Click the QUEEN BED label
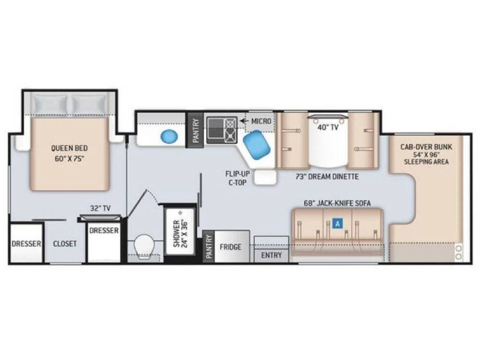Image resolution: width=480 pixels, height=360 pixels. [x=69, y=148]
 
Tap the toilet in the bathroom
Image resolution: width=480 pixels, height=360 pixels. [x=144, y=246]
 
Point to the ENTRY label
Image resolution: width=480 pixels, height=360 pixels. [x=271, y=255]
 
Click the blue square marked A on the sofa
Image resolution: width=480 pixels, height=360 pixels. [x=337, y=224]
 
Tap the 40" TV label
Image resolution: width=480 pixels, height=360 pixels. [x=328, y=127]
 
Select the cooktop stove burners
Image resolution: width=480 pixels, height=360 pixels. [x=222, y=130]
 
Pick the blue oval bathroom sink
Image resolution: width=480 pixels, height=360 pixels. [x=169, y=136]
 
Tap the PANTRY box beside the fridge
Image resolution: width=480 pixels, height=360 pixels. [x=209, y=246]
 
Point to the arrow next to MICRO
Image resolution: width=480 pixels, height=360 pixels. [x=244, y=121]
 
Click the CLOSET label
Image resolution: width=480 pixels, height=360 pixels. [x=65, y=244]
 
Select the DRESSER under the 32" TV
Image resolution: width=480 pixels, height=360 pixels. [x=104, y=242]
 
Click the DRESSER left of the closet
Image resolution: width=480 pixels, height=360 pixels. [x=26, y=243]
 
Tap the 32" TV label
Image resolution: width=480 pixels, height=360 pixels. [x=100, y=208]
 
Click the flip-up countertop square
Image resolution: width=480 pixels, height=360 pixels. [x=265, y=177]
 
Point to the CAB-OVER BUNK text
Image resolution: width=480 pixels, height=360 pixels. [x=426, y=146]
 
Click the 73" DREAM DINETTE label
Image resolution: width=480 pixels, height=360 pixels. [x=327, y=176]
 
